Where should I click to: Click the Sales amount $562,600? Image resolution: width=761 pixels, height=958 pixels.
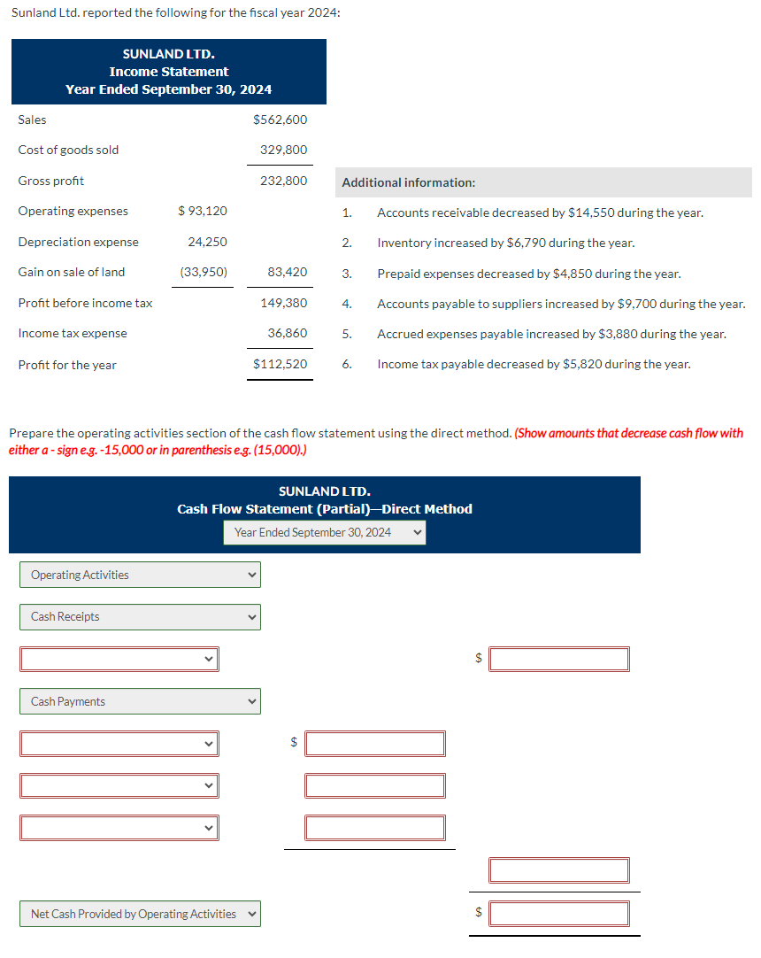pos(280,120)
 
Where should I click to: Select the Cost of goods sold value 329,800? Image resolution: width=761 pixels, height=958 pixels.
pos(283,150)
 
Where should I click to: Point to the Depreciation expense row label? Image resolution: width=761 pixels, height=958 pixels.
pos(78,242)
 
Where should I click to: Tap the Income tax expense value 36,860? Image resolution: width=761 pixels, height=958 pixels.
pos(287,333)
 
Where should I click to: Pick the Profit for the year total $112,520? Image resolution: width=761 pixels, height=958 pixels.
pos(280,364)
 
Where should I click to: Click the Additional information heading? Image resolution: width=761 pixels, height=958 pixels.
pos(408,182)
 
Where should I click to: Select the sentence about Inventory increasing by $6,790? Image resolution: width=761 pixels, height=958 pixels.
pos(505,243)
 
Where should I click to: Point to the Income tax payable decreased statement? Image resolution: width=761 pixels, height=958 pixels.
pos(534,364)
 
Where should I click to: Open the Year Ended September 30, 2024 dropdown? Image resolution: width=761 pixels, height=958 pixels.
pos(325,532)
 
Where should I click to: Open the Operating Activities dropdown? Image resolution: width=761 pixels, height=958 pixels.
pos(140,575)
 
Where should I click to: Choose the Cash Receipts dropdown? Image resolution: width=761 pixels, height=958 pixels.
pos(140,616)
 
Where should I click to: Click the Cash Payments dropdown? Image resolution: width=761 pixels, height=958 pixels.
pos(140,701)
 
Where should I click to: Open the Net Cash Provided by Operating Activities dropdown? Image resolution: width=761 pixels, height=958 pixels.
pos(140,914)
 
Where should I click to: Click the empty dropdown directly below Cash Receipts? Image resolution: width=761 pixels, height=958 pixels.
pos(119,659)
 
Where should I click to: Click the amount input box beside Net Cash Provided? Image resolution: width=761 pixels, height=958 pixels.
pos(559,913)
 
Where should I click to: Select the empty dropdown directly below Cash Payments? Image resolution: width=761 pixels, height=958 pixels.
pos(119,743)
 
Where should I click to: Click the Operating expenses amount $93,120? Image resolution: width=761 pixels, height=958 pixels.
pos(202,211)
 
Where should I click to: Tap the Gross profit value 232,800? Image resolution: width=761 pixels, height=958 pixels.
pos(283,181)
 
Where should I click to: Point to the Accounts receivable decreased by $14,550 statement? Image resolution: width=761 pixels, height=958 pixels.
pos(540,212)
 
